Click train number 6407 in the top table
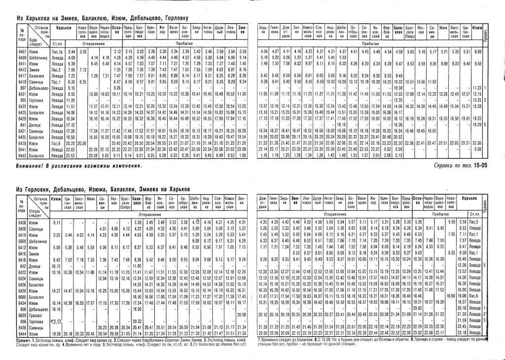[x=22, y=52]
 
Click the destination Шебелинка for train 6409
[x=41, y=58]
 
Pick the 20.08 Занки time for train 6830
[x=241, y=314]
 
